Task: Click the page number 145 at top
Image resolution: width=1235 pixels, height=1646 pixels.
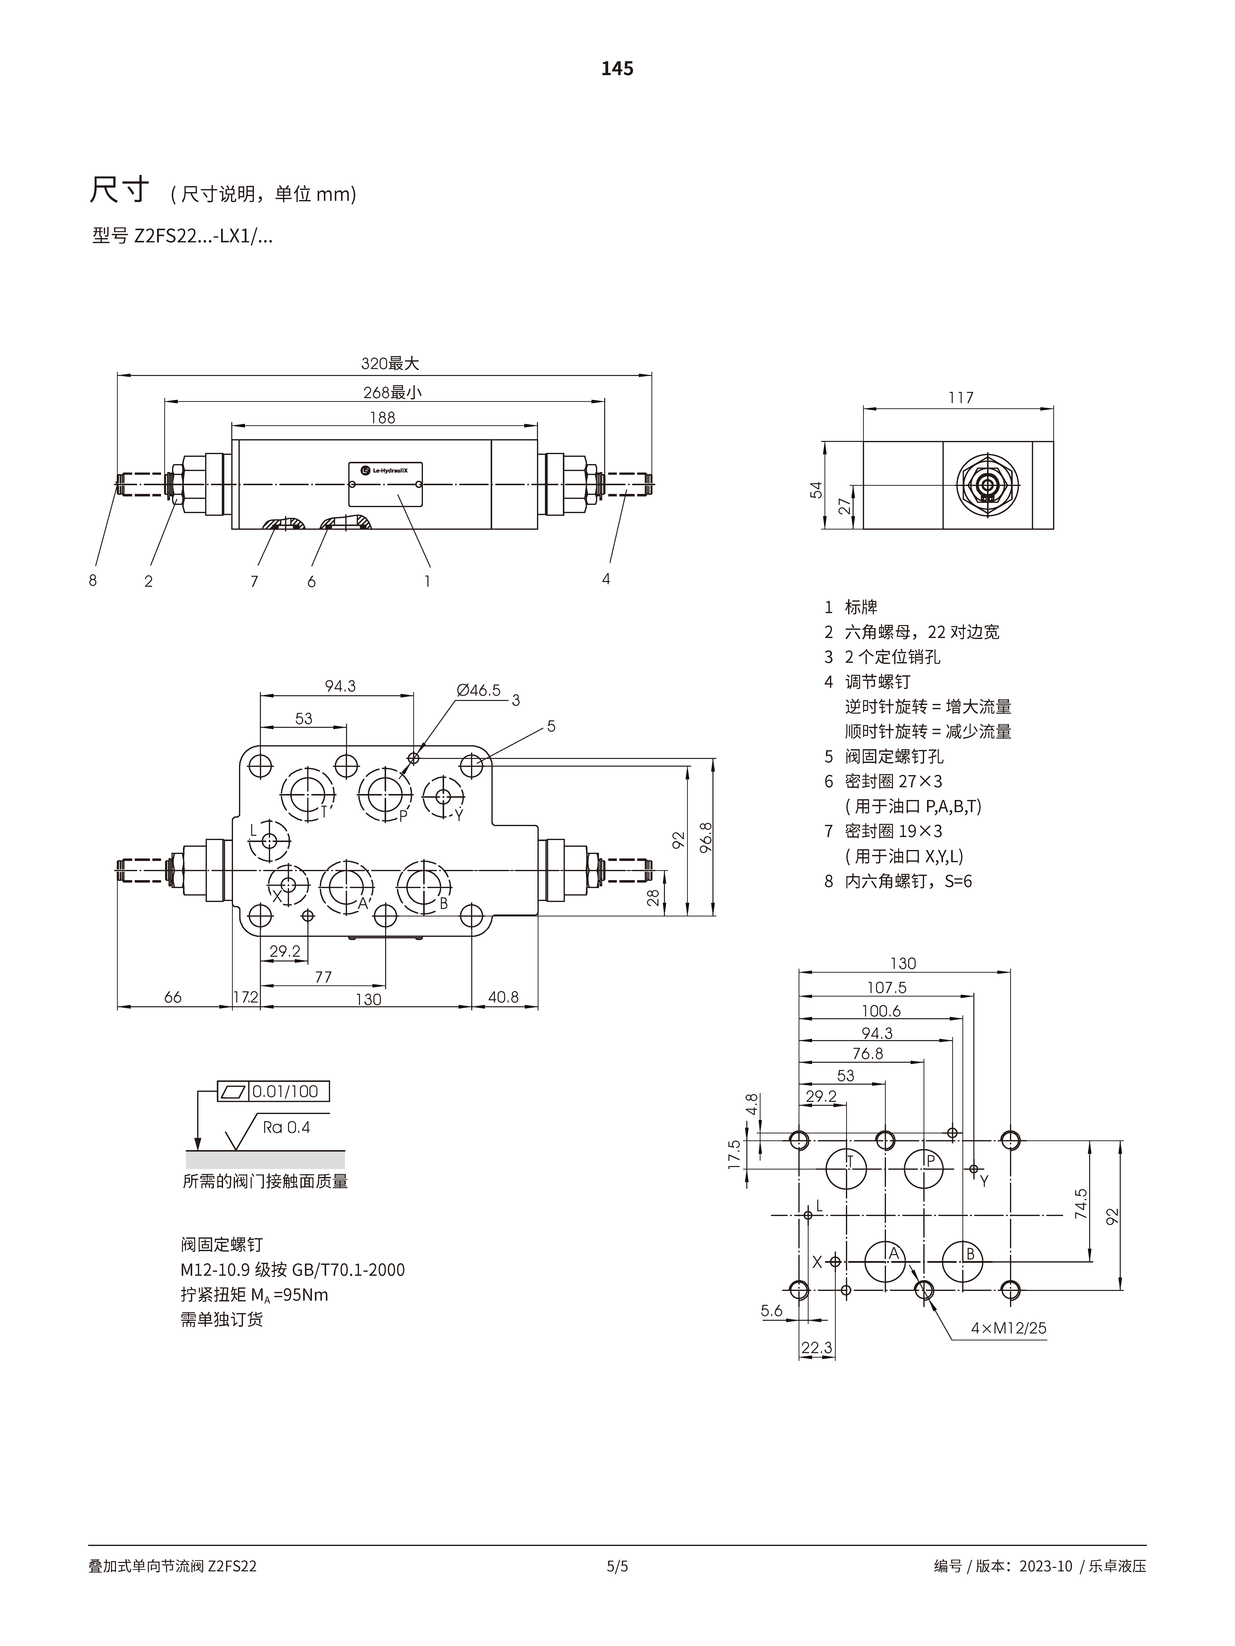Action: (617, 68)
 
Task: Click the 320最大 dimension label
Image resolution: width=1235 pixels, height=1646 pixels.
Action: (390, 363)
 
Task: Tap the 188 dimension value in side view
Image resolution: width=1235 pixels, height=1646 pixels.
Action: (383, 418)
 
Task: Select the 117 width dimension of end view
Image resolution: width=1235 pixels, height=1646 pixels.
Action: (960, 397)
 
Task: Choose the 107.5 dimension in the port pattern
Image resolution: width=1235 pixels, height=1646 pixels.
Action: (887, 987)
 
